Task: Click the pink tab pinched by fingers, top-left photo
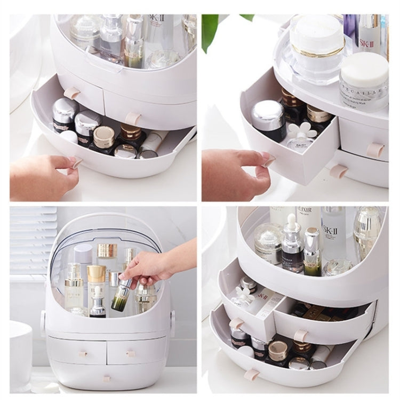click(76, 162)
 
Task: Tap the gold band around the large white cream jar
click(318, 53)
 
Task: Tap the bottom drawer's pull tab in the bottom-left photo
click(106, 379)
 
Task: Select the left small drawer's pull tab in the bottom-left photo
click(83, 353)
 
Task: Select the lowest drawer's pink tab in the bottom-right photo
click(252, 374)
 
